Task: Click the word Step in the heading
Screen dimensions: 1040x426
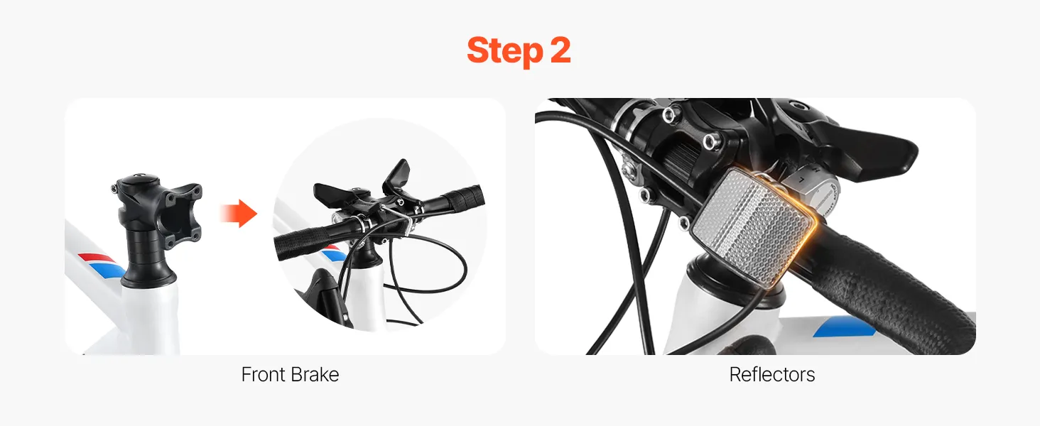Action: click(x=504, y=52)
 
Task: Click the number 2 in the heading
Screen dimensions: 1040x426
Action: click(x=560, y=50)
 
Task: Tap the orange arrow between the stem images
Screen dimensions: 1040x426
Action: click(x=239, y=214)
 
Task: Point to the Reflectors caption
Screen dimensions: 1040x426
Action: click(x=772, y=374)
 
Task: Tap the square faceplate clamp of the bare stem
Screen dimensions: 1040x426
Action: click(x=182, y=214)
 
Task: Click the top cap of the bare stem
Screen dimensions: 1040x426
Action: click(x=138, y=177)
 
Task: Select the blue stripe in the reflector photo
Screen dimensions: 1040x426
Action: click(x=843, y=327)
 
